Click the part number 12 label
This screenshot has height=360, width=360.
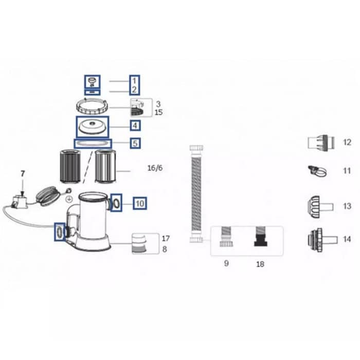point(347,142)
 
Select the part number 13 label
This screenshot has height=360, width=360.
point(347,206)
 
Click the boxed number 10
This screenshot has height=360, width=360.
point(140,203)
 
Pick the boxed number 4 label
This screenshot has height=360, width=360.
point(135,125)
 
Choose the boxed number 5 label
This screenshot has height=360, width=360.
point(135,143)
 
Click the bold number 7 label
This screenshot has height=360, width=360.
point(22,173)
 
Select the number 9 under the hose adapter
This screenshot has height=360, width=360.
point(226,264)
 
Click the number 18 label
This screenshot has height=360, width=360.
point(260,264)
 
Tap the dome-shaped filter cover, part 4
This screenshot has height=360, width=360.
point(93,125)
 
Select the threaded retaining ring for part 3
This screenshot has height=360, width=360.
point(94,109)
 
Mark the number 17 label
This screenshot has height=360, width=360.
point(166,239)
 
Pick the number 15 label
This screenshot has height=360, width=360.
point(159,112)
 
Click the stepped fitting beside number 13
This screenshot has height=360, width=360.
point(319,206)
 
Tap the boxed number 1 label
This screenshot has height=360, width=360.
point(134,81)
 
